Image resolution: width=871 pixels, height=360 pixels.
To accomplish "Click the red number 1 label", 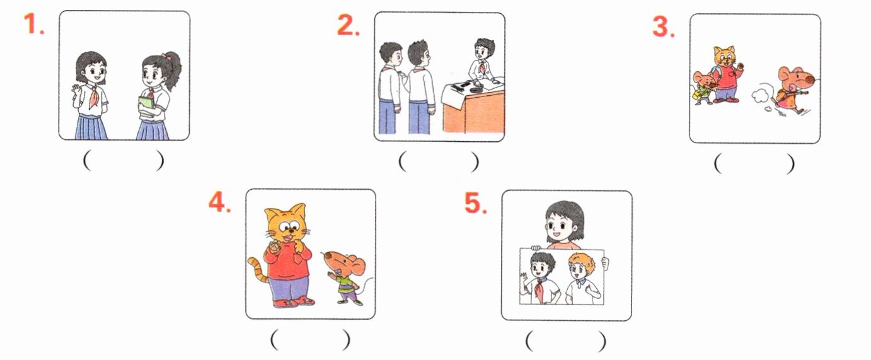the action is [34, 24].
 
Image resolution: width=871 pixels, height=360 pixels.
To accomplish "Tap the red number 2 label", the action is [349, 25].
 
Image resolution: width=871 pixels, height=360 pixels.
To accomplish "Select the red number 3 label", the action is [664, 27].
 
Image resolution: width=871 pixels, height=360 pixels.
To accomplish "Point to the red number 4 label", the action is [220, 202].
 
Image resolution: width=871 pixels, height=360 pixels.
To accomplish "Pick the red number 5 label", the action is [476, 204].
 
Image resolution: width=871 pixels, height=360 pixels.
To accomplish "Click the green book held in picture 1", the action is [146, 104].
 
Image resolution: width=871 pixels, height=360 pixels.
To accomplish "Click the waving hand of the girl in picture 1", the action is [76, 93].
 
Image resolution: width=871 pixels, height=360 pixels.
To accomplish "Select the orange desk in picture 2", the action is [474, 112].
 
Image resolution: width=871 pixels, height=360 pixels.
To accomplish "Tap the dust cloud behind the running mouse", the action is [759, 95].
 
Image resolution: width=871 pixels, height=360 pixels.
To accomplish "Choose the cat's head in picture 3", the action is [724, 56].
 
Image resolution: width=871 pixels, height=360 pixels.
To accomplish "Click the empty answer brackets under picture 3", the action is [754, 164].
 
